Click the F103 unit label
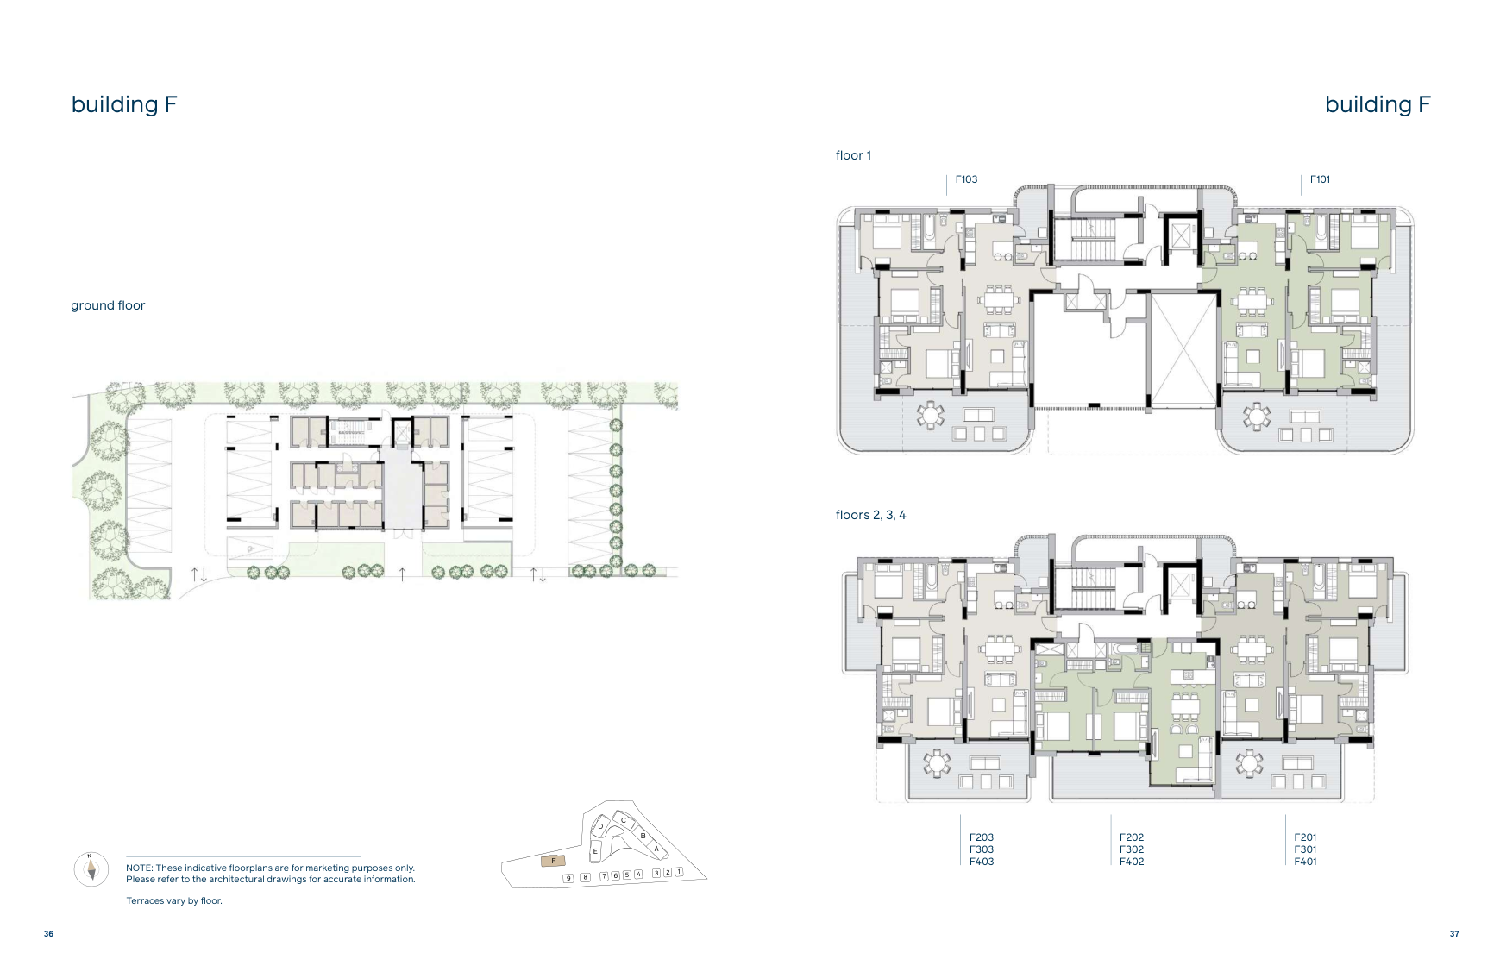click(966, 179)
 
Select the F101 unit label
click(1320, 179)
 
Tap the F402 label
click(1132, 862)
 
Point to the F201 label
click(1305, 837)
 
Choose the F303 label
click(982, 849)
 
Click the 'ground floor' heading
click(108, 305)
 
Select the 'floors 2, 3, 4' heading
click(870, 515)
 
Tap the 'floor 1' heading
click(853, 155)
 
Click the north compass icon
click(91, 868)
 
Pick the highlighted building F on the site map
click(553, 861)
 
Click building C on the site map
click(624, 820)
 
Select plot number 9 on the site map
click(568, 878)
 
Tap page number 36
click(48, 934)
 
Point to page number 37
click(1454, 934)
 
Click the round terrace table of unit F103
click(930, 416)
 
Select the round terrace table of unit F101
click(1256, 417)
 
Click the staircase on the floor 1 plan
click(1093, 239)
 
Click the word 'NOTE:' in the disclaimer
click(140, 868)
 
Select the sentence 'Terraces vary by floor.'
click(174, 901)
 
